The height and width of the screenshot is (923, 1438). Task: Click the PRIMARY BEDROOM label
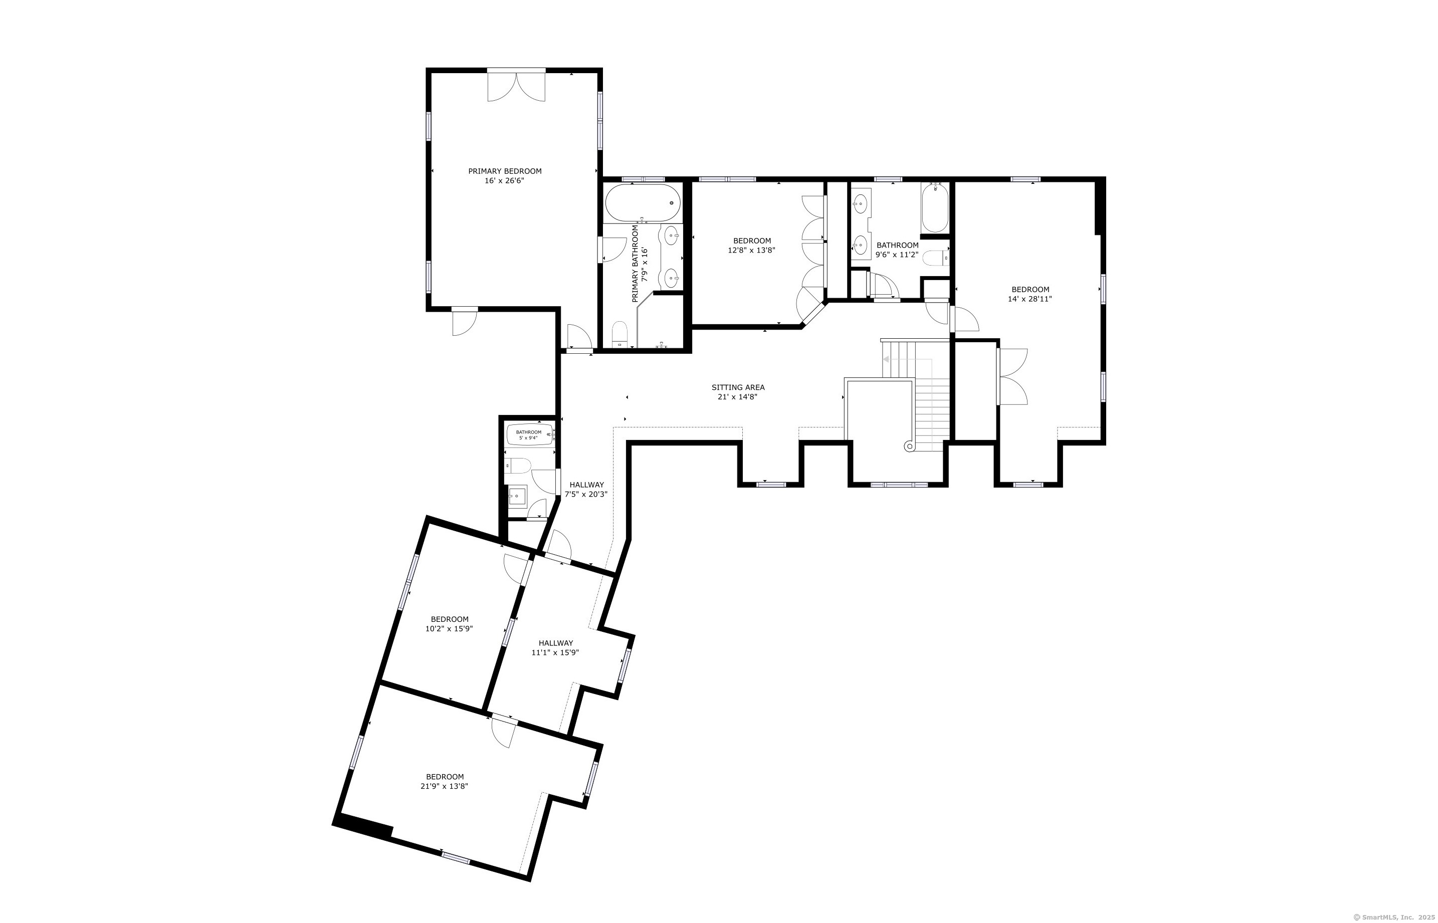pos(505,171)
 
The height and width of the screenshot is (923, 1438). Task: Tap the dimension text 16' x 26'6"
pos(505,180)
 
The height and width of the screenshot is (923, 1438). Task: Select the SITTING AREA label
pos(738,388)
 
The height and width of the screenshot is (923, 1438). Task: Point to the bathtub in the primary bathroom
pos(643,203)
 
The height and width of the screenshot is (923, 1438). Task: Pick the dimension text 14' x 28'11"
pos(1030,299)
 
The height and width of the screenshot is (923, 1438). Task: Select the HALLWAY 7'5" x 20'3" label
pos(586,490)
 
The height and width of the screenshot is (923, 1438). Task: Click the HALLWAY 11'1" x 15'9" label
pos(555,648)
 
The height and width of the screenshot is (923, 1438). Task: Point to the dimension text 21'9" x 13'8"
pos(444,786)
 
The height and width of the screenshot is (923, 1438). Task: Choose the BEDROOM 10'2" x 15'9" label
pos(450,624)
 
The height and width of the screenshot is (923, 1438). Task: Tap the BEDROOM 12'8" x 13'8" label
pos(752,246)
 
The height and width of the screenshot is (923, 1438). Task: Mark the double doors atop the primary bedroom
pos(516,85)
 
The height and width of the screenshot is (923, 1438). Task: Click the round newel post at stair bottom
pos(909,446)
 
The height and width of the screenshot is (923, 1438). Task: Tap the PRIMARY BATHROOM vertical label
pos(640,264)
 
